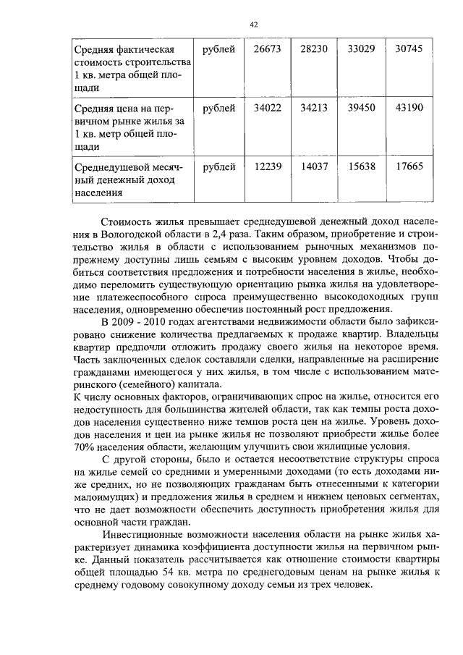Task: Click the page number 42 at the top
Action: coord(254,25)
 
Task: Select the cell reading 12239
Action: coord(268,167)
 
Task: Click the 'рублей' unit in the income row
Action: coord(218,167)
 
